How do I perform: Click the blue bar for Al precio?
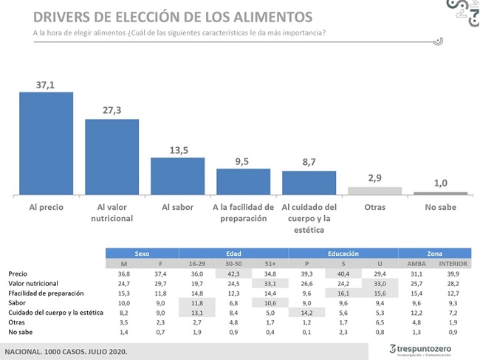point(47,143)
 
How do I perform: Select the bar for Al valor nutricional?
point(112,157)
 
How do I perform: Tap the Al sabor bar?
point(177,176)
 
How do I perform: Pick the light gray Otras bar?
point(374,191)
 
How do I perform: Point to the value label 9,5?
point(241,161)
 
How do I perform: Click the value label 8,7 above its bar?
point(309,162)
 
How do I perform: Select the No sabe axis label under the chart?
point(441,207)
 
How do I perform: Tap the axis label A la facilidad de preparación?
point(244,213)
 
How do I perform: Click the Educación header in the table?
point(343,254)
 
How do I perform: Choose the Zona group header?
point(435,254)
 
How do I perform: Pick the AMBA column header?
point(416,264)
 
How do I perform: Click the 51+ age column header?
point(270,264)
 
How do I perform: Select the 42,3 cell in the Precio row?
point(233,274)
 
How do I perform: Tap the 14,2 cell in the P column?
point(306,313)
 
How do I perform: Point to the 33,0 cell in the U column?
point(380,284)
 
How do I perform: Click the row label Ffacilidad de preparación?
point(46,293)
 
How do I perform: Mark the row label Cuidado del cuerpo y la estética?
point(55,313)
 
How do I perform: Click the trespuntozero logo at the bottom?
point(420,350)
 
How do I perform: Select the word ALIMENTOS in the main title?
point(273,17)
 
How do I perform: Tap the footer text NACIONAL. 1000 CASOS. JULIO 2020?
point(66,352)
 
